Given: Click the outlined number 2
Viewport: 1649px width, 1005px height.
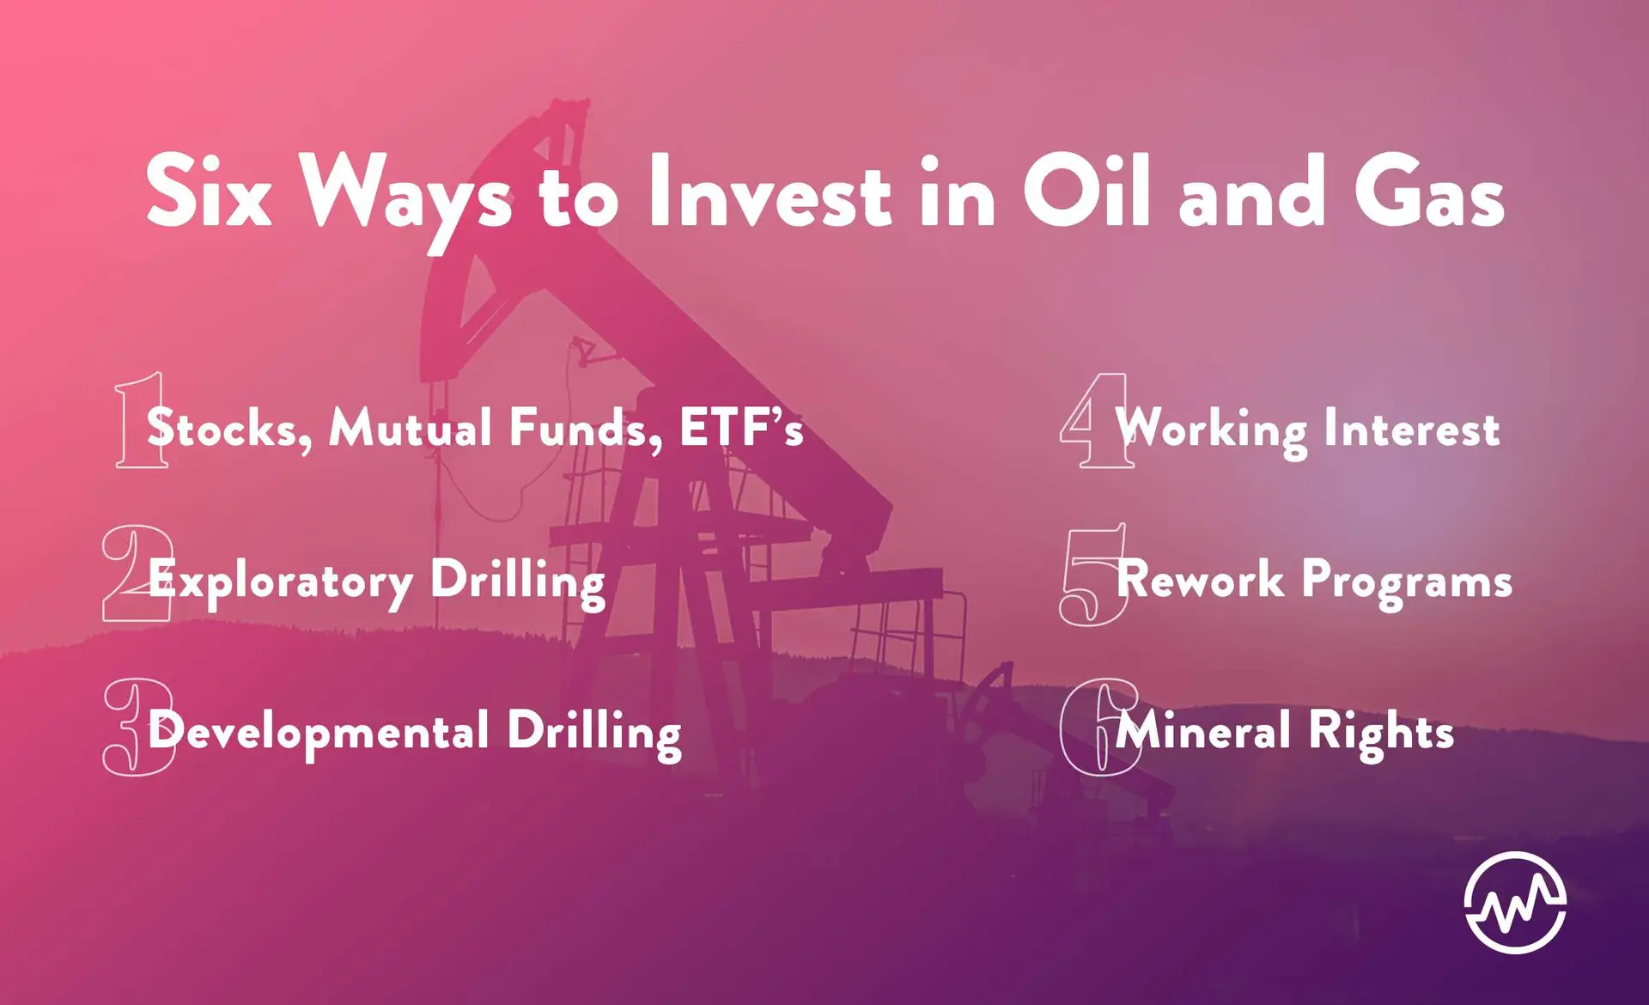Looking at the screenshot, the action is pos(137,573).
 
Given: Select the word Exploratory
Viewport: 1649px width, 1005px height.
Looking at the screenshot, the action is pos(281,582).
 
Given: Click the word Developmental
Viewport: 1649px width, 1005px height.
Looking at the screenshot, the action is pos(319,733).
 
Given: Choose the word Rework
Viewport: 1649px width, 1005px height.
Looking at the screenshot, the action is pos(1200,579).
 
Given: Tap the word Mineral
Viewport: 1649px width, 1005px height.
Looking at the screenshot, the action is pos(1202,731).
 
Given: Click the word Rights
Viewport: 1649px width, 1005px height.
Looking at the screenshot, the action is pos(1381,733).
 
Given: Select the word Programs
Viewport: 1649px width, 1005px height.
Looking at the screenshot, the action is pos(1407,582).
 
